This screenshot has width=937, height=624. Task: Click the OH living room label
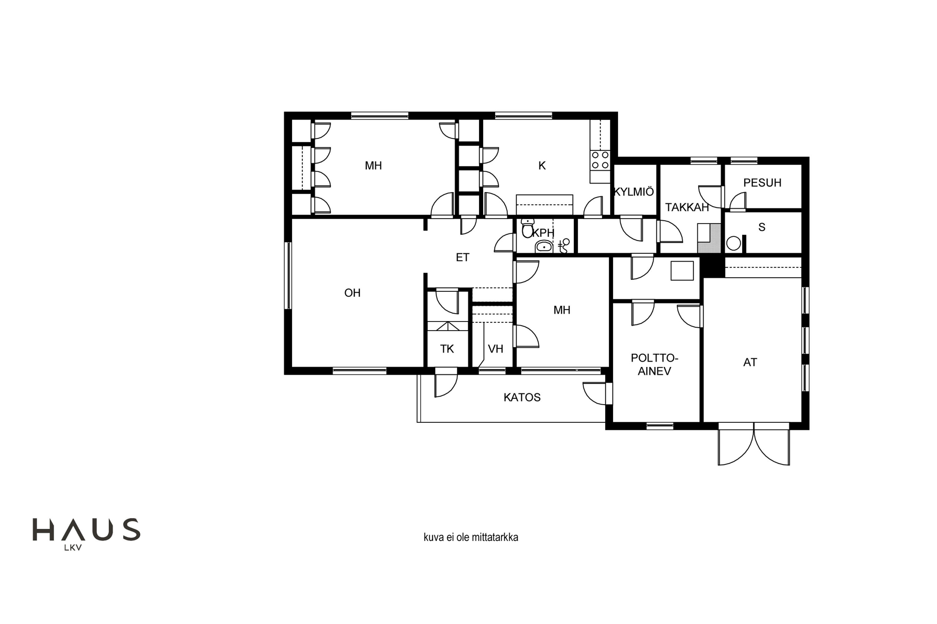(352, 293)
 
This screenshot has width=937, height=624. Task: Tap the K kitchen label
(542, 166)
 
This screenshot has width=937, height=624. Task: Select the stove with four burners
(600, 160)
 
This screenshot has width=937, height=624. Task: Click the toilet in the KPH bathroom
(528, 228)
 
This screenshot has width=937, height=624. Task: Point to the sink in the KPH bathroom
(544, 247)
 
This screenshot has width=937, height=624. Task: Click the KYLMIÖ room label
(634, 192)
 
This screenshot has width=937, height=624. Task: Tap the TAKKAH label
(687, 207)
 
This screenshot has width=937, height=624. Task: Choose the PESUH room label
(762, 183)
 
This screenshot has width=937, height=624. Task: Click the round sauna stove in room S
(733, 243)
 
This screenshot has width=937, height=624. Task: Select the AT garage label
(750, 362)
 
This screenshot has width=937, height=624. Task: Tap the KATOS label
(522, 397)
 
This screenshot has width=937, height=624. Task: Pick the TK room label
(447, 349)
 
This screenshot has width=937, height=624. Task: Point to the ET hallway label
(462, 257)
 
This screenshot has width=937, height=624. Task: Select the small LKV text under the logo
(73, 548)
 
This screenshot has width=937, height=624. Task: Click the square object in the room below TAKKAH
(682, 271)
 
